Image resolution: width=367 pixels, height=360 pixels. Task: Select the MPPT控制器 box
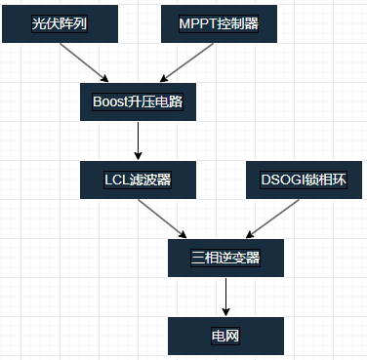coord(219,23)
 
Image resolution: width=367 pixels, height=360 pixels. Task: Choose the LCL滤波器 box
coord(138,180)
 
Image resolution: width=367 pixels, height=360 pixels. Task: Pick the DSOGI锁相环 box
coord(304,180)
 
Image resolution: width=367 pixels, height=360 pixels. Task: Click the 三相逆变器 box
coord(225,258)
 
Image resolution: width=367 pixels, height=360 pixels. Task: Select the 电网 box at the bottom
coord(225,336)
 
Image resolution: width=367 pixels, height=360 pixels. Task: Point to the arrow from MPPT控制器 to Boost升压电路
coord(186,61)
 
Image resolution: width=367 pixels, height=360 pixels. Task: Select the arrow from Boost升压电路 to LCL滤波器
coord(138,140)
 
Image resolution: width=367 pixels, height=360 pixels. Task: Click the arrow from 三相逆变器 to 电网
coord(225,297)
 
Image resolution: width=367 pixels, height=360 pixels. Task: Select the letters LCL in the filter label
coord(116,180)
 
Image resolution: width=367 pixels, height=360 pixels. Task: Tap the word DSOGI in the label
coord(282,180)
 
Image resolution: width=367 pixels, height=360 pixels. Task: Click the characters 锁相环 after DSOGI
coord(326,180)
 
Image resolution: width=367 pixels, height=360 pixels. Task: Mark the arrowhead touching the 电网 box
coord(225,311)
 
